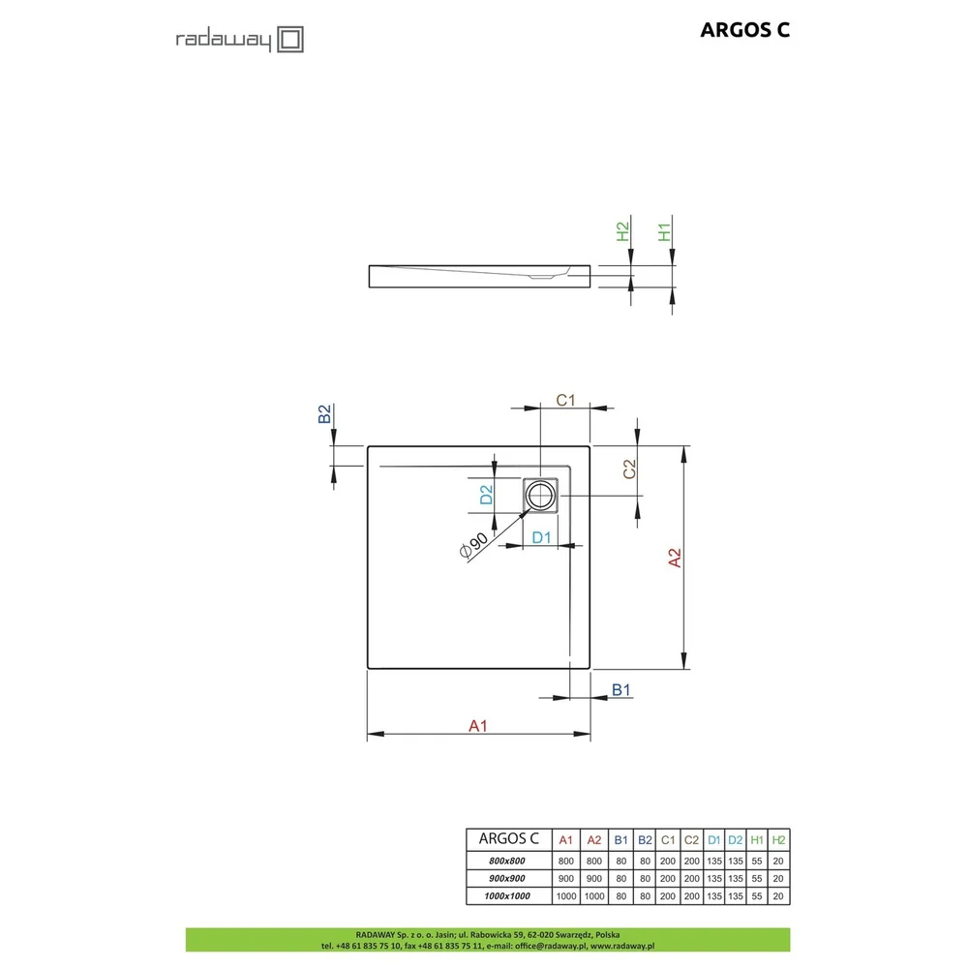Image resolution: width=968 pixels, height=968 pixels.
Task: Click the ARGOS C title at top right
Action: point(744,30)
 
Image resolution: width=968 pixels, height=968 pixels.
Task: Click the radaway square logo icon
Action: point(290,40)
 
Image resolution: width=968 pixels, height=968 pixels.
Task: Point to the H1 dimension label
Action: point(664,232)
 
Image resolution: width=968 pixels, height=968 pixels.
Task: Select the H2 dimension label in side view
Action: point(622,231)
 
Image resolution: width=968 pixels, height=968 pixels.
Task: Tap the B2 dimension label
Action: point(324,413)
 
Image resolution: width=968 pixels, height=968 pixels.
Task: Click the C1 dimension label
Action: point(565,400)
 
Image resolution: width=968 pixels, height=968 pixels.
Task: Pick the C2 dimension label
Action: point(629,469)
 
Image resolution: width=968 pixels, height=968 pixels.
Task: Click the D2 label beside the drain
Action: point(487,495)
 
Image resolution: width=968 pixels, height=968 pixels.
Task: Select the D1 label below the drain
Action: point(541,537)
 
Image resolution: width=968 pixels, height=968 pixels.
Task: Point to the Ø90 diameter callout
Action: point(473,545)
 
